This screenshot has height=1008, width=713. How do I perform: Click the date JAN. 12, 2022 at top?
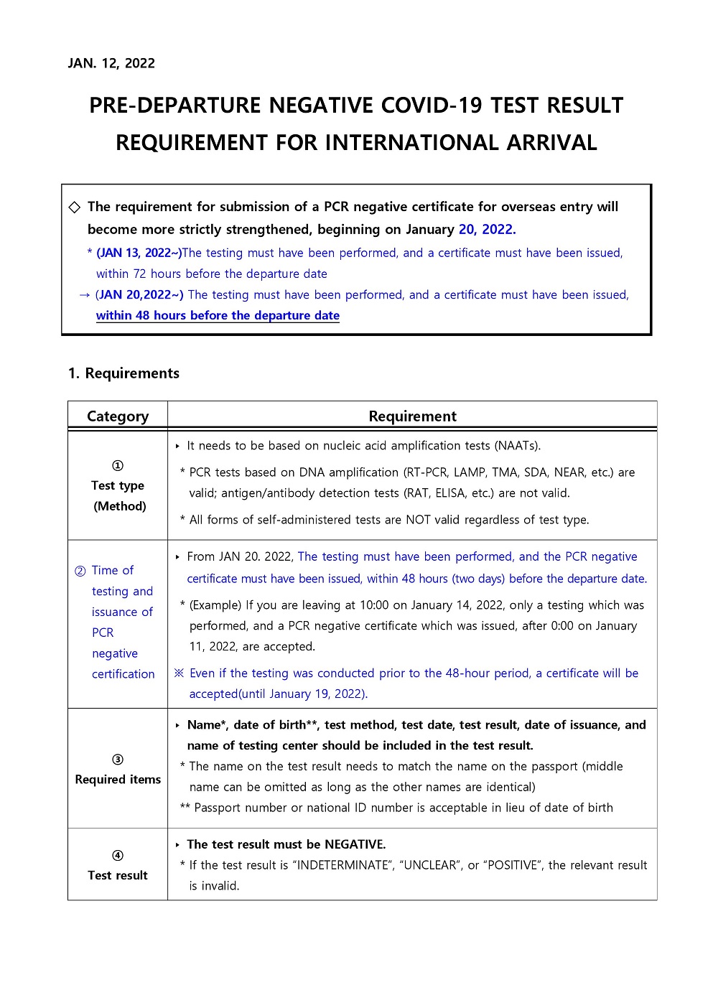coord(111,63)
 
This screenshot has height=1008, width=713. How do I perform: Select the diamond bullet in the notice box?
coord(75,207)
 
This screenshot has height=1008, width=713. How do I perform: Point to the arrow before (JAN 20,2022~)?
coord(85,295)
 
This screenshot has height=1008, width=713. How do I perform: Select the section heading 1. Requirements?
coord(124,373)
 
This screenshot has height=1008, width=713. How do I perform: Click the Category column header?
coord(118,416)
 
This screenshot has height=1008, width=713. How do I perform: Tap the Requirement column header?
coord(412,416)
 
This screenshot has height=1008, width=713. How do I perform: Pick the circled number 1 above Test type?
coord(118,465)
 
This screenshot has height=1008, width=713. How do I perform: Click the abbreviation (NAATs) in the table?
coord(517,446)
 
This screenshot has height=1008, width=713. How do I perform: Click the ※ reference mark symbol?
coord(180,673)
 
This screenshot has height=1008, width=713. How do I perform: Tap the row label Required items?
coord(118,780)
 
